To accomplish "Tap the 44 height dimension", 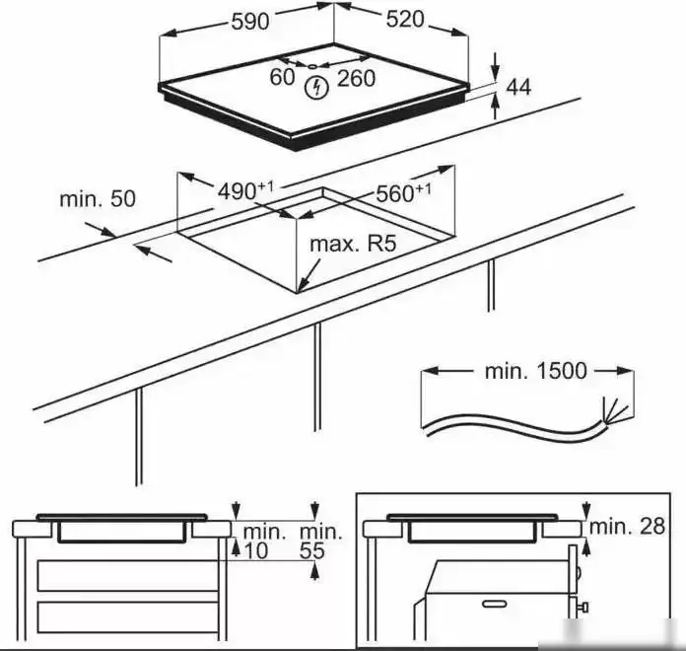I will click(x=518, y=89).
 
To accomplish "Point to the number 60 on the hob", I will click(x=283, y=77).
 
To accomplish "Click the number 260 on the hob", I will click(x=356, y=79).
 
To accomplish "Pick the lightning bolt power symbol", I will click(x=316, y=87).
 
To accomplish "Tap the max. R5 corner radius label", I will click(x=352, y=243).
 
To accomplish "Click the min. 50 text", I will click(x=98, y=198).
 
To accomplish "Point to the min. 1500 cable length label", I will click(x=535, y=371).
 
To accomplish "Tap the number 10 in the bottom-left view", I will click(x=255, y=551).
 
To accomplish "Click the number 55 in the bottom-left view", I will click(x=312, y=551).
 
